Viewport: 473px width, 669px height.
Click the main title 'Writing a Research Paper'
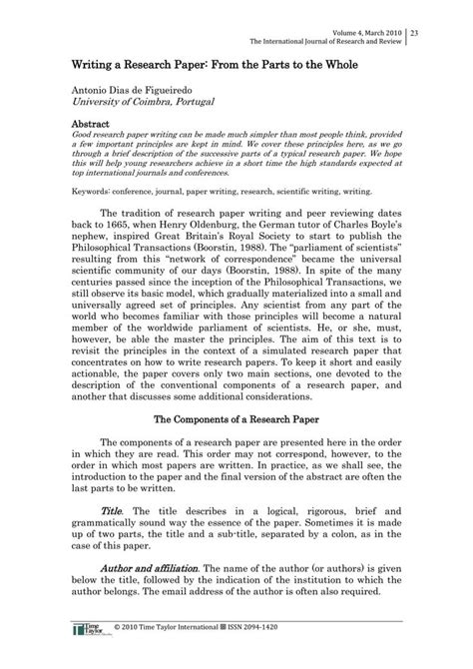(161, 63)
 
